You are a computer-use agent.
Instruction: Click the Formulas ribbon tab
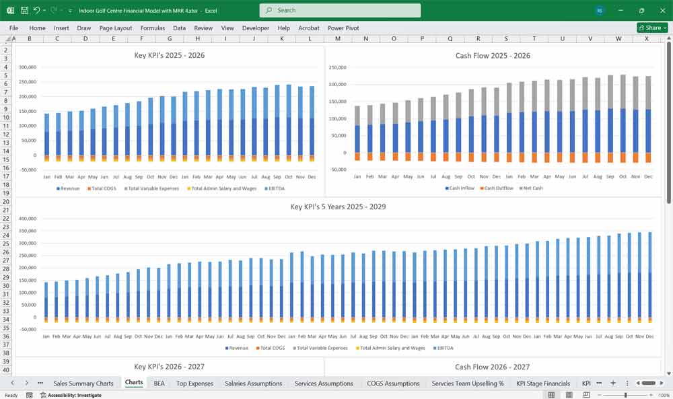coord(152,28)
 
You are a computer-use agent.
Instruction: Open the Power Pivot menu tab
coord(343,28)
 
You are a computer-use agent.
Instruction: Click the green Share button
coord(652,28)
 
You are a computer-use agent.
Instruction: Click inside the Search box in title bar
coord(340,10)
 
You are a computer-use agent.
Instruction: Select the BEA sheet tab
coord(159,384)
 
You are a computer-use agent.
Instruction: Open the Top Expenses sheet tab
coord(194,384)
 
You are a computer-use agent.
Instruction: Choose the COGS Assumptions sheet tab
coord(393,384)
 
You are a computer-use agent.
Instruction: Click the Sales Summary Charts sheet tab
coord(83,384)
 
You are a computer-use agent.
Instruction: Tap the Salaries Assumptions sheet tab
coord(253,384)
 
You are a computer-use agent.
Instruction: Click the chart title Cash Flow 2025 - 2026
coord(493,56)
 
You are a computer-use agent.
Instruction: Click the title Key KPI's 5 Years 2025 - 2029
coord(338,207)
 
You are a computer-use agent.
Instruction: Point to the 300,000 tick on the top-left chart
coord(28,68)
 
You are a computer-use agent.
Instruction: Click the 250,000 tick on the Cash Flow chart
coord(336,68)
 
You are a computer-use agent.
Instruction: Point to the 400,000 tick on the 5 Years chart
coord(28,219)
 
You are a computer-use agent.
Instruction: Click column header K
coord(281,39)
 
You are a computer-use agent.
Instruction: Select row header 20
coord(6,201)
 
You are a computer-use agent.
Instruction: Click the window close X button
coord(661,10)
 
